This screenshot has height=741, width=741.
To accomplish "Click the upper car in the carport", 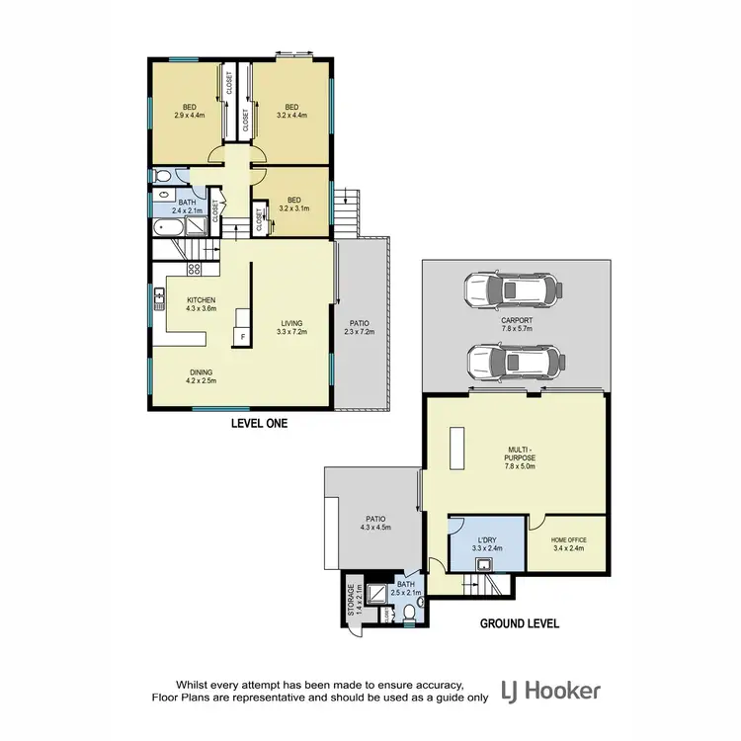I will [512, 289].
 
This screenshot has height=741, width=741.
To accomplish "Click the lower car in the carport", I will [512, 363].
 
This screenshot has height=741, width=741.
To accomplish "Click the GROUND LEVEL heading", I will [520, 623].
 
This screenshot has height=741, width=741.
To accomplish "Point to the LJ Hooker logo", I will [550, 690].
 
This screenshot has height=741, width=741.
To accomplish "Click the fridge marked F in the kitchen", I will [241, 337].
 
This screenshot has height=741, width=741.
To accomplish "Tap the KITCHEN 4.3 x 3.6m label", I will [201, 304].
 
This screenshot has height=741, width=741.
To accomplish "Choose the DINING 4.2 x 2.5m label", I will [201, 375].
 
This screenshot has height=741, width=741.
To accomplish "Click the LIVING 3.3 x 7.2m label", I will [291, 326].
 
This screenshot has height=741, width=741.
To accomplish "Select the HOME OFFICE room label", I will [570, 543].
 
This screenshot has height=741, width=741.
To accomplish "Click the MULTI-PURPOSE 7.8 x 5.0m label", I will [519, 460].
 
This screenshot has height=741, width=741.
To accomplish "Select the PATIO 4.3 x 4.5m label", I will [375, 523].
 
